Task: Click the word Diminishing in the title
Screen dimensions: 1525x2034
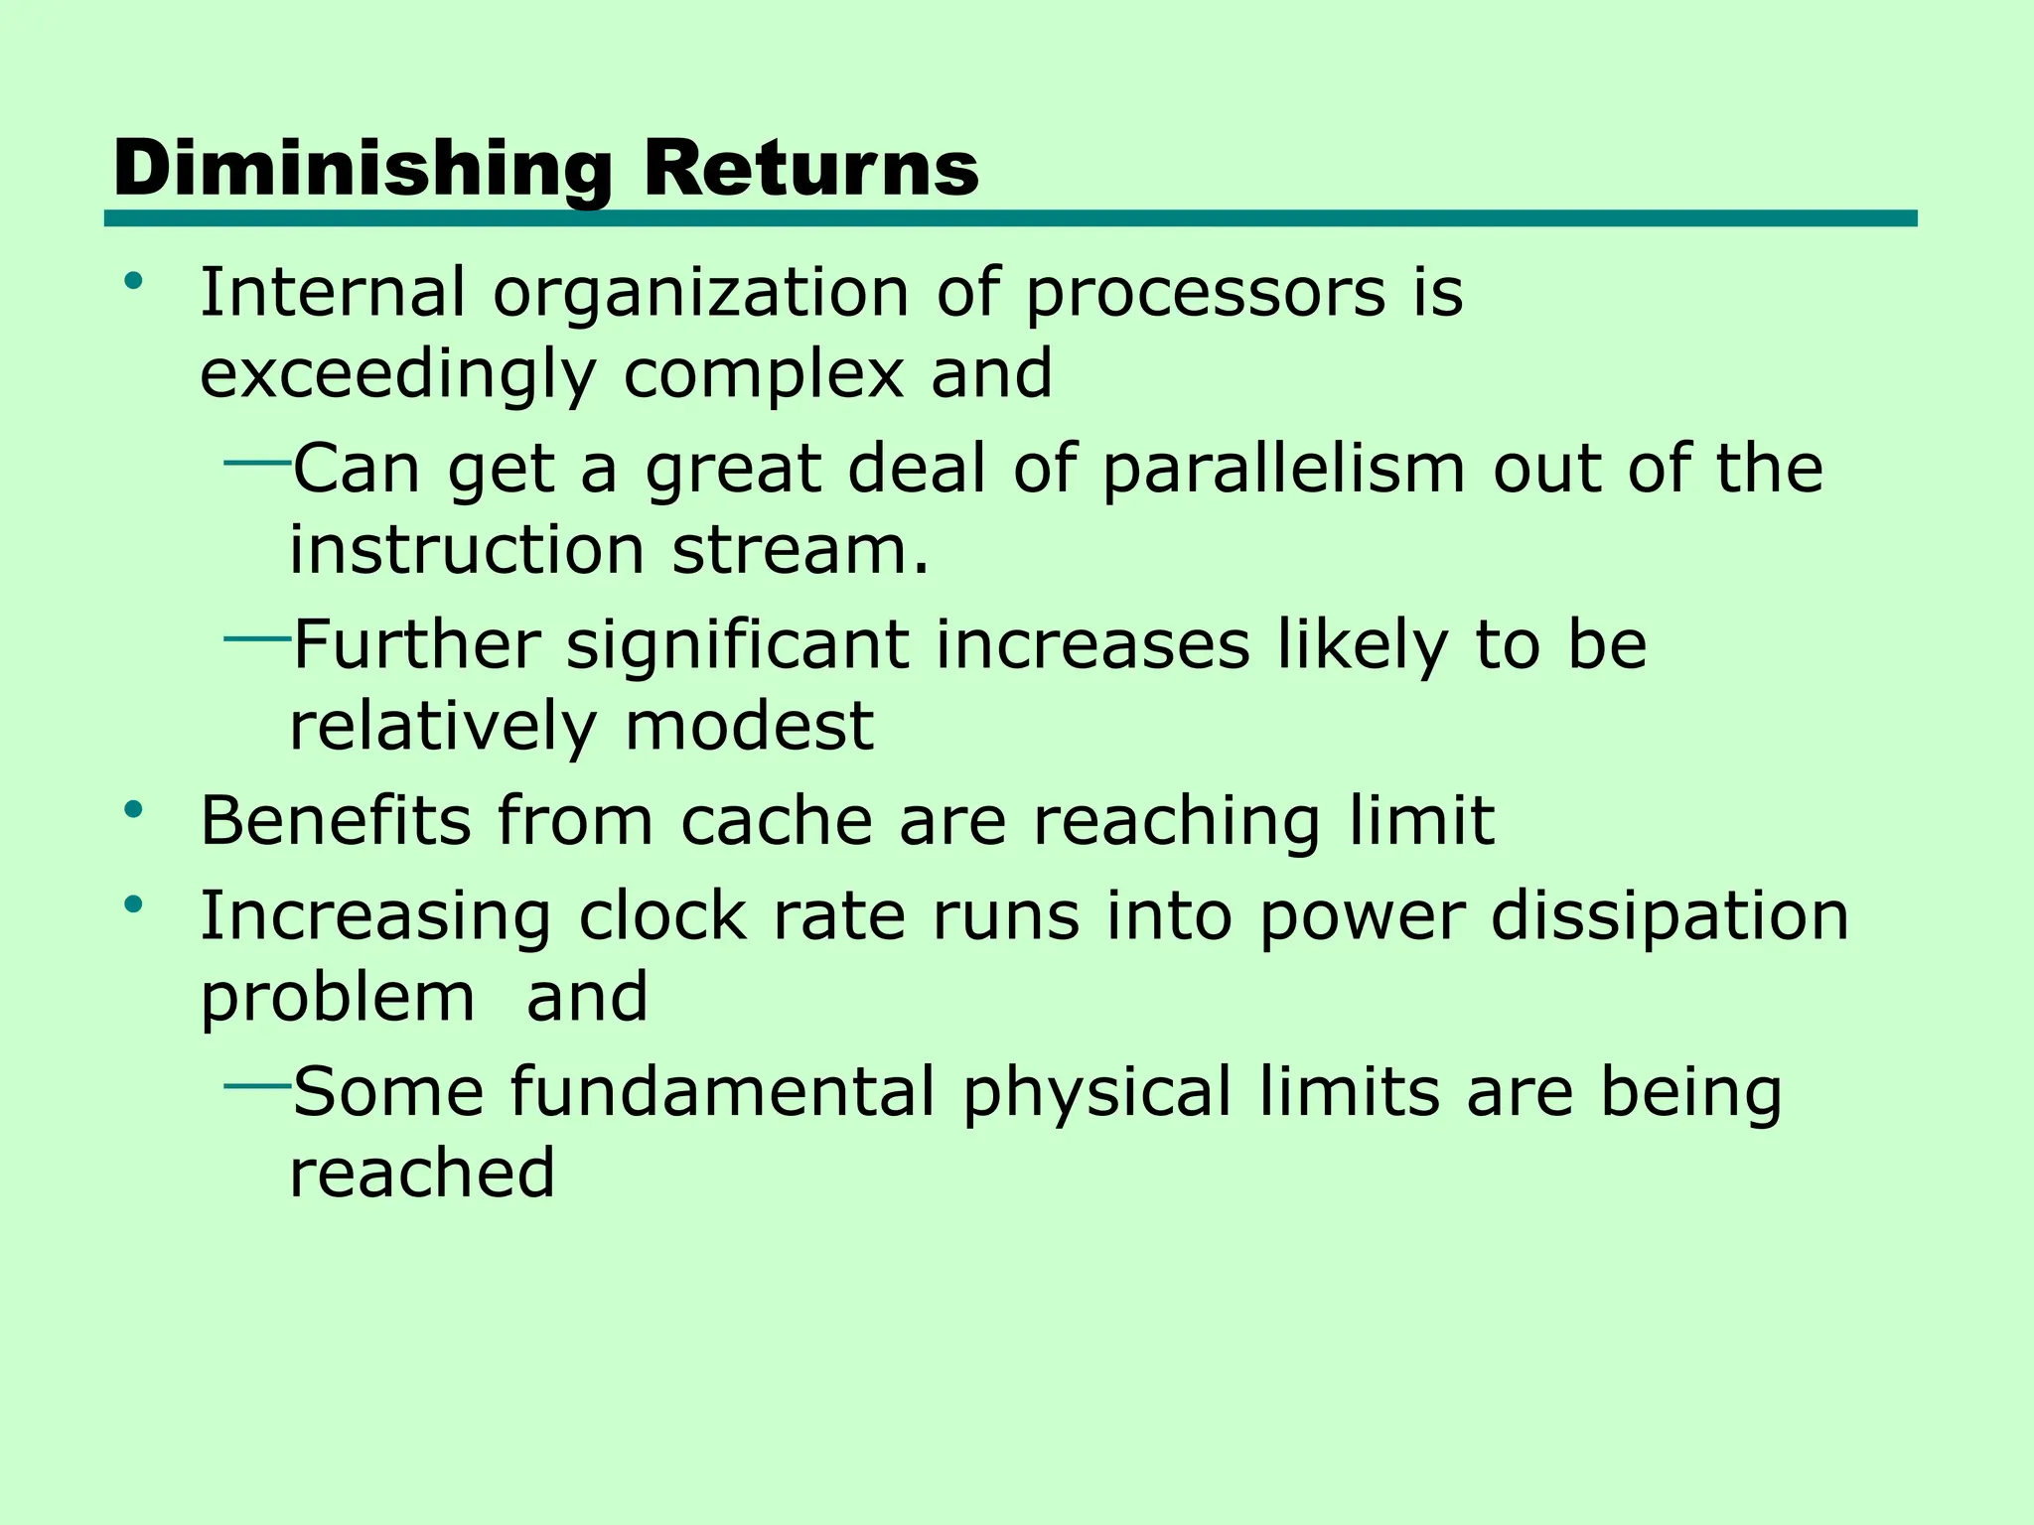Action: click(x=363, y=169)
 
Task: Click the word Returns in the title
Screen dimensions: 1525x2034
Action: click(x=810, y=169)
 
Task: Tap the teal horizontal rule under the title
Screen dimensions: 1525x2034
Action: click(x=1010, y=218)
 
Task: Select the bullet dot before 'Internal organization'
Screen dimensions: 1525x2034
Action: click(x=133, y=283)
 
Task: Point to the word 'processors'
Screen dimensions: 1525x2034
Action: click(x=1205, y=295)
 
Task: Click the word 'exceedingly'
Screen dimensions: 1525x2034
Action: click(x=398, y=375)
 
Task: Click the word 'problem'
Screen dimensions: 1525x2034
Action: click(x=338, y=999)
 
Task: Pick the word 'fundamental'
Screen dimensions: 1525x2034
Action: click(x=723, y=1092)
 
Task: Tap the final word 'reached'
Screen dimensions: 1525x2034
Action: click(x=422, y=1174)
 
